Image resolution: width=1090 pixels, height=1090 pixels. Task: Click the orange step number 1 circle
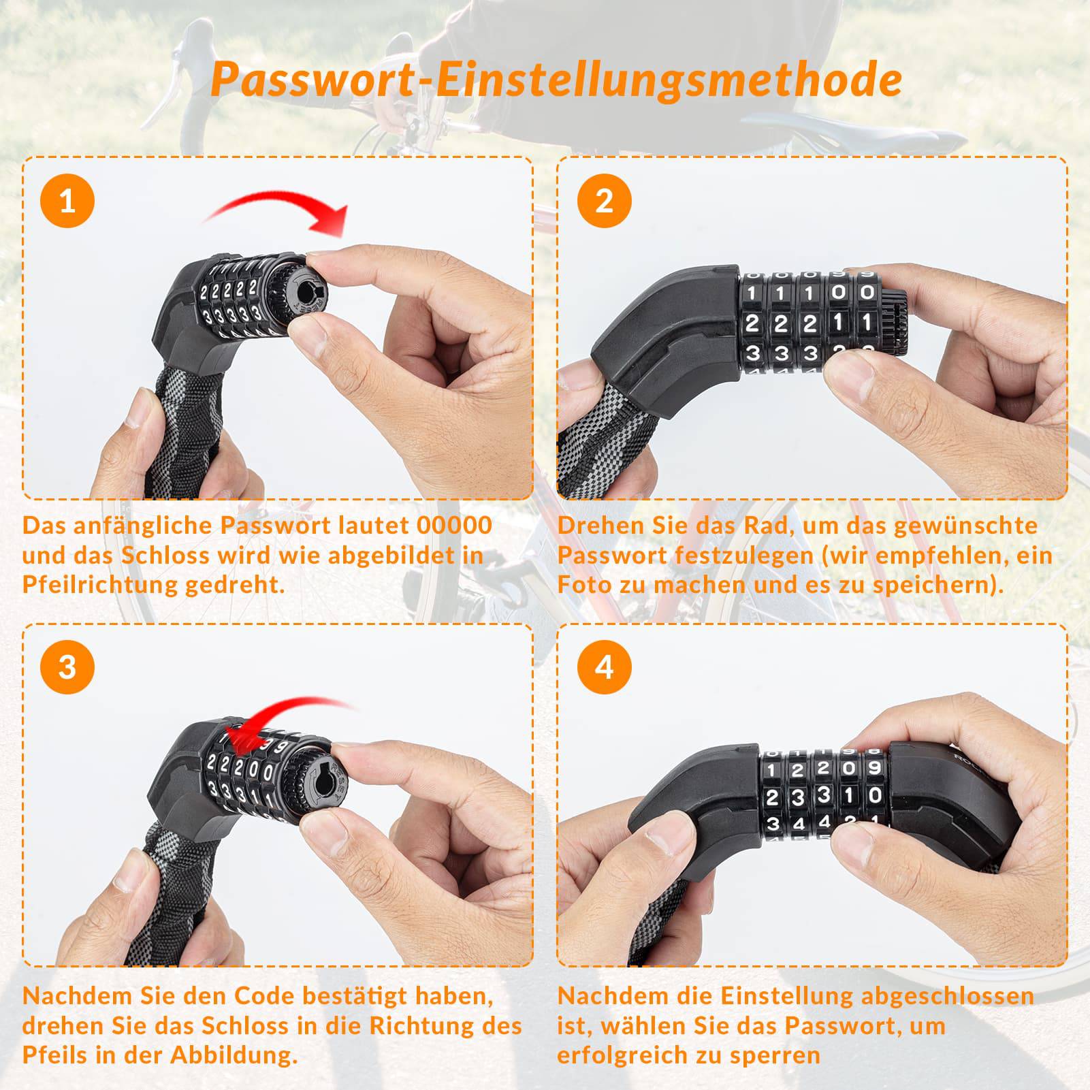(67, 201)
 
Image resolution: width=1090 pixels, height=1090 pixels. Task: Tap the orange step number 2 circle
(604, 201)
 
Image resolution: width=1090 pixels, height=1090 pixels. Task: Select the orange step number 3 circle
(67, 667)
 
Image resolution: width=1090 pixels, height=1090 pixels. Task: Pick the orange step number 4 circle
(604, 667)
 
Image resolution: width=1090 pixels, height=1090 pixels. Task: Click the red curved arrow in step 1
(279, 208)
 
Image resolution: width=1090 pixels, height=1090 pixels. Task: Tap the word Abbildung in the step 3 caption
(234, 1055)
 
